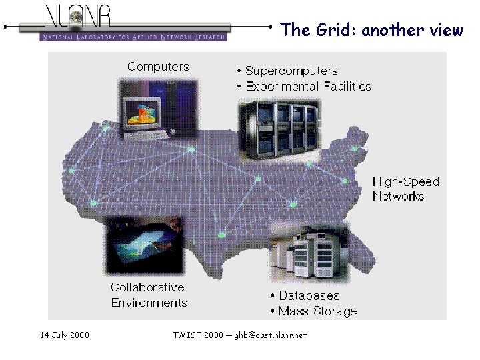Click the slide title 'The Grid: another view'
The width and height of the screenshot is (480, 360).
pos(371,30)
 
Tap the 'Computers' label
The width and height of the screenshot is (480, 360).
pos(158,67)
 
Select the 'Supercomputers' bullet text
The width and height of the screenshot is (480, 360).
pos(291,71)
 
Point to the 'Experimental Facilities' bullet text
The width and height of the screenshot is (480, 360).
pos(308,86)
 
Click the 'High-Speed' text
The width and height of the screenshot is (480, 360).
pos(405,181)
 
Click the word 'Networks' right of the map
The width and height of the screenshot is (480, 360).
pos(398,196)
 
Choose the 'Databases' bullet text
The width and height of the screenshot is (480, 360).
pos(309,296)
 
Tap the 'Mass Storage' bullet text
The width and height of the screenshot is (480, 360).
pos(317,311)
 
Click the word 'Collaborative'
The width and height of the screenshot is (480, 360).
pos(147,287)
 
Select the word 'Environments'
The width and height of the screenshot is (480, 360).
pos(149,303)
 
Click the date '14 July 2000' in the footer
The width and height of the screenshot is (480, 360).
pos(65,335)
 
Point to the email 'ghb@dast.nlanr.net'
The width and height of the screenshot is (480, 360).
pos(270,335)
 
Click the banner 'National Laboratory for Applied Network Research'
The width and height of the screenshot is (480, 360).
pos(133,37)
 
